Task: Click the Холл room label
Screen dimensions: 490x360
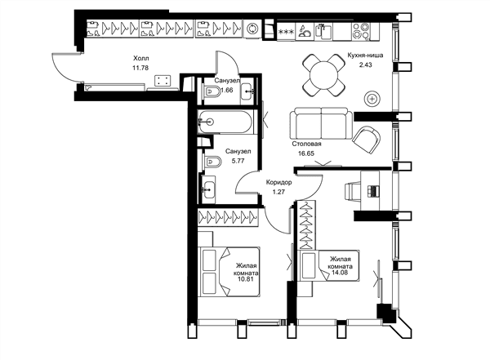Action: pos(141,59)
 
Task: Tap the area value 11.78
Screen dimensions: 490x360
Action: pos(140,68)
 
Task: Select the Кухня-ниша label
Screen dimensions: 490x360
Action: pos(365,56)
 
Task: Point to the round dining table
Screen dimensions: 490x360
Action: pos(323,75)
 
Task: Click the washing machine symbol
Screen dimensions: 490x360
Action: pos(252,29)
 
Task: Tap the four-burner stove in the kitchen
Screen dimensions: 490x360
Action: pos(360,31)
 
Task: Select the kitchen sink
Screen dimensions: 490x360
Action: pos(323,32)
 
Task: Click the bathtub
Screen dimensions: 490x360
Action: pos(225,122)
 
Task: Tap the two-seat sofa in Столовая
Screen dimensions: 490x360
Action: pos(321,123)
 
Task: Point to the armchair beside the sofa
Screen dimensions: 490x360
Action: pos(367,140)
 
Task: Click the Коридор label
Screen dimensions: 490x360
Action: pos(278,182)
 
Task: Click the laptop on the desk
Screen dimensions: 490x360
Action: pos(373,191)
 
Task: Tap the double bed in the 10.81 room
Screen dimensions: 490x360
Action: pos(229,271)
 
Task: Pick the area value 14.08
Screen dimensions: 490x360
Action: pos(341,273)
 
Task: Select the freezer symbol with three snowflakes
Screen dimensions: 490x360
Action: pos(287,32)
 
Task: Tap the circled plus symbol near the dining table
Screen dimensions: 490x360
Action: pos(372,100)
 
